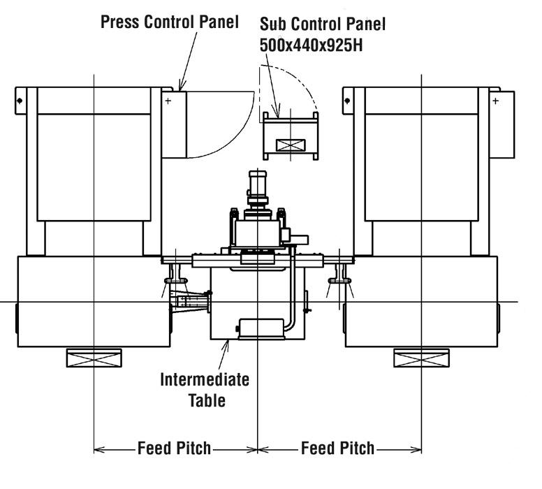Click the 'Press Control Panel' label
tap(170, 22)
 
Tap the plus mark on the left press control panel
tap(168, 101)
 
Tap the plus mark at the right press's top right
tap(495, 101)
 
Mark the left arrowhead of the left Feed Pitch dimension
tap(98, 448)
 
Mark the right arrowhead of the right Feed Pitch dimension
tap(417, 448)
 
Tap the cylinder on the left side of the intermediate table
tap(192, 302)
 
